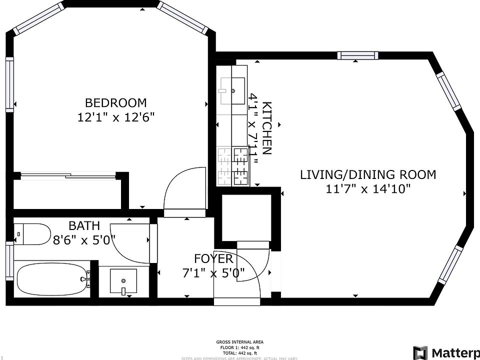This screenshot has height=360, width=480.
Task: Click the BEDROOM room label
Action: (116, 103)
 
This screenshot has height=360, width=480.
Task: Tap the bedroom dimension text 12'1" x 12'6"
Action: (116, 118)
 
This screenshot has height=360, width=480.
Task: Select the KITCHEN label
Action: (267, 128)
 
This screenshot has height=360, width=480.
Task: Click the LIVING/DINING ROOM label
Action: (367, 175)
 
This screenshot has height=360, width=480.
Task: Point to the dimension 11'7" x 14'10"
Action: (367, 189)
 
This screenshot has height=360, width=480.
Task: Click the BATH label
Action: (84, 225)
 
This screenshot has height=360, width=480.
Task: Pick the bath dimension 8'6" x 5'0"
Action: (84, 239)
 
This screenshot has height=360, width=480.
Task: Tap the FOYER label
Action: (213, 258)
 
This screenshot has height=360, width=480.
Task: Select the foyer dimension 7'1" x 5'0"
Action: (213, 273)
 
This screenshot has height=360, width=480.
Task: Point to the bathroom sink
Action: (122, 281)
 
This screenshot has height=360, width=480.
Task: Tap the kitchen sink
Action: (232, 90)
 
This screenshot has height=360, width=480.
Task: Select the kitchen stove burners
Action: (233, 166)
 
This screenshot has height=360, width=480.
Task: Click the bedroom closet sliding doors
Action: (67, 175)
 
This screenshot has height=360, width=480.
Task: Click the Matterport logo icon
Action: (420, 352)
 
